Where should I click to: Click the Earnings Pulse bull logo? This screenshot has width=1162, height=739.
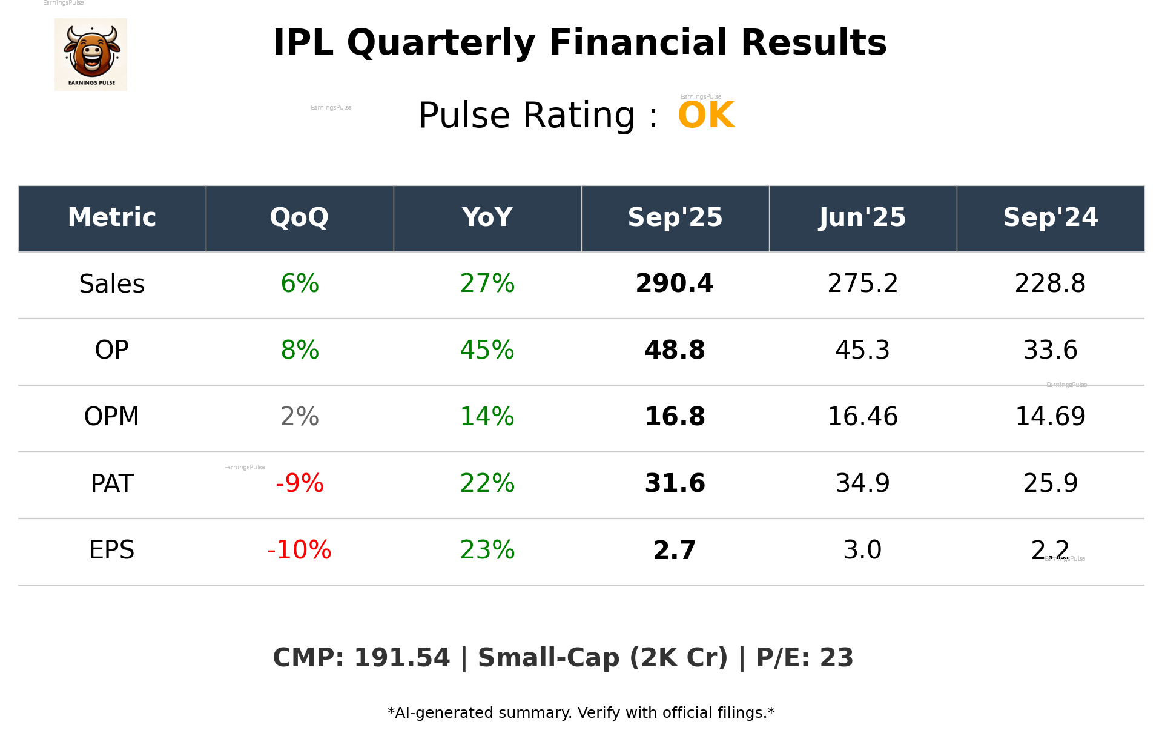tap(91, 55)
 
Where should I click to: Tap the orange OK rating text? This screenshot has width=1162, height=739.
tap(706, 115)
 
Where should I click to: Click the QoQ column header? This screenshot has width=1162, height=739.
tap(299, 217)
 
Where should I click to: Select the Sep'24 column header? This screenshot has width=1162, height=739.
tap(1050, 217)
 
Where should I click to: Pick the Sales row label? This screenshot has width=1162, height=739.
tap(112, 283)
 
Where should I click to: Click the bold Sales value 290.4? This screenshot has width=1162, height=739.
tap(675, 283)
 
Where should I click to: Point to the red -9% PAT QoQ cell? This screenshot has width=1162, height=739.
tap(299, 483)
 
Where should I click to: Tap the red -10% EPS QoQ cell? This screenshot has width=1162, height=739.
tap(299, 550)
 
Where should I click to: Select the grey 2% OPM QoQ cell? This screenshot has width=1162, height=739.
tap(299, 417)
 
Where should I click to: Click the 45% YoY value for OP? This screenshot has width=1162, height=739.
tap(487, 350)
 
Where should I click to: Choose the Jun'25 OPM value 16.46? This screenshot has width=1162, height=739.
tap(862, 417)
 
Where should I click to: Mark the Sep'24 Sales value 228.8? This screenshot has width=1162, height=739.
tap(1050, 283)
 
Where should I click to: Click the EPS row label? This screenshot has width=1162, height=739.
tap(112, 550)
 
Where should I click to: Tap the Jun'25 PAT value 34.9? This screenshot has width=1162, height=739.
tap(862, 483)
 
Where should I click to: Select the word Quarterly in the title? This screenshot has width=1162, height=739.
tap(441, 43)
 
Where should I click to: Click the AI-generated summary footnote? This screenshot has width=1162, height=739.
tap(581, 713)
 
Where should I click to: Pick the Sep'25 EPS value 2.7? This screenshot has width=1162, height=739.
tap(675, 550)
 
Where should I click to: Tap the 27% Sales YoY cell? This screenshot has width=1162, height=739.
tap(487, 283)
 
